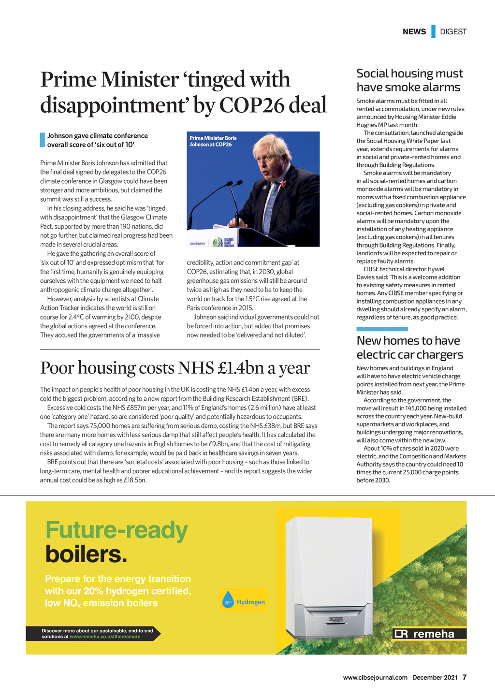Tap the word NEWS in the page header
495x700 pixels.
coord(414,32)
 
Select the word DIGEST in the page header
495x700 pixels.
coord(453,32)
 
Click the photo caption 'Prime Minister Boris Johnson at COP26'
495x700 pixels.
coord(213,141)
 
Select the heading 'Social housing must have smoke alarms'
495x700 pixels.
coord(409,80)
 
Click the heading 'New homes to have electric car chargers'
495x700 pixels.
coord(409,348)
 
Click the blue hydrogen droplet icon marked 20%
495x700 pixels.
coord(228,601)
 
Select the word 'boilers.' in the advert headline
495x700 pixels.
coord(86,554)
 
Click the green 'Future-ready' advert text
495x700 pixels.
coord(116,530)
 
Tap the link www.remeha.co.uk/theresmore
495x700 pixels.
coord(105,637)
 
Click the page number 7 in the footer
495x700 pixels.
coord(465,677)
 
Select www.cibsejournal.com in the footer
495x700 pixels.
coord(375,678)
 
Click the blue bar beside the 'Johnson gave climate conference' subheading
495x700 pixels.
coord(42,140)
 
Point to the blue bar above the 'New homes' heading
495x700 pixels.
coord(382,329)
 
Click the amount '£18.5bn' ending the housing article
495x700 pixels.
coord(135,481)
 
